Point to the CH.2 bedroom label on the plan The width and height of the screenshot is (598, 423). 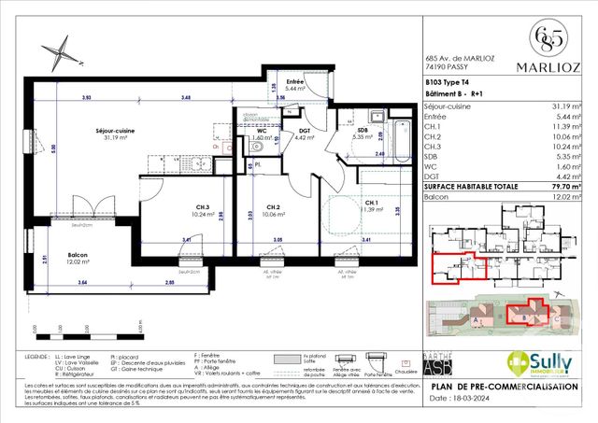[272, 206]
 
